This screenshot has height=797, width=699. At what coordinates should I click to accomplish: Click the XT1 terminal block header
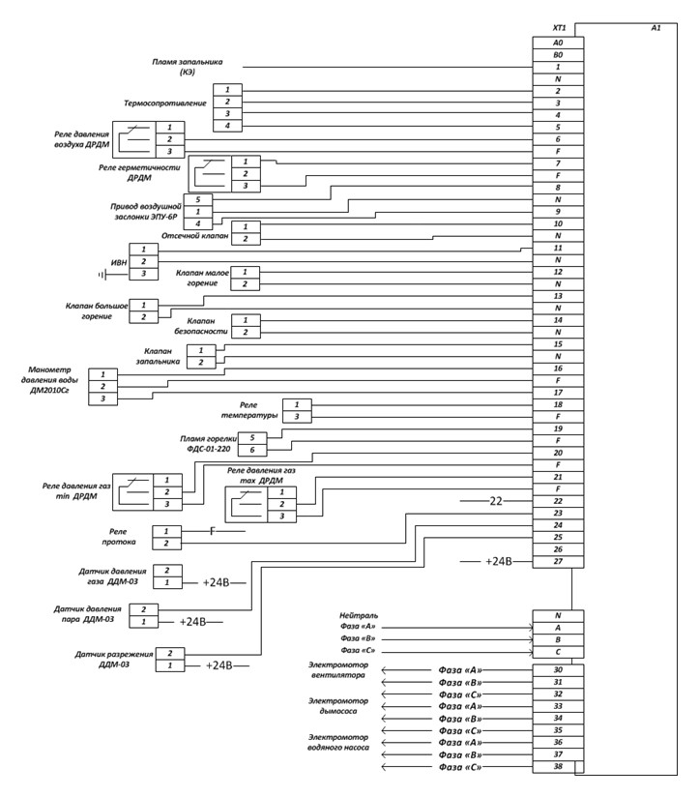558,29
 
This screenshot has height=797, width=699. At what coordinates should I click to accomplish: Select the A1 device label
655,29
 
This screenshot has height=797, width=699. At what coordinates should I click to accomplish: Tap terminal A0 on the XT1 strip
558,44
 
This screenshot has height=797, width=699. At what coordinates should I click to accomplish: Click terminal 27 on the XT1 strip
558,561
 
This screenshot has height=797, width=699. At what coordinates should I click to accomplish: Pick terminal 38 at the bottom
558,766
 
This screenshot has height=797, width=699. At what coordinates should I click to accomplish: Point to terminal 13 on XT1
558,296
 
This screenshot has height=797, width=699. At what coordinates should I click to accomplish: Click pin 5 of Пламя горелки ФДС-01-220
251,437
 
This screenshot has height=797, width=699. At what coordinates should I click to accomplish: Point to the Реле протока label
119,537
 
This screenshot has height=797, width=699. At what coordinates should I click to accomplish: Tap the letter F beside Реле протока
212,531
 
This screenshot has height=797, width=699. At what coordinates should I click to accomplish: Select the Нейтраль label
358,615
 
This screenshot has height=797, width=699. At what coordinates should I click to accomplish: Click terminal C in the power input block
558,652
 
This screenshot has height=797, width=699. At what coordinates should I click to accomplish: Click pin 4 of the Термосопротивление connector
228,126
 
